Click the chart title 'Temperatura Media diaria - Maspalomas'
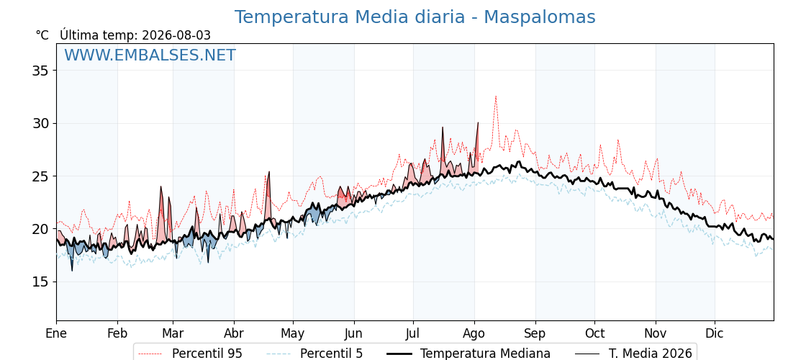click(x=415, y=17)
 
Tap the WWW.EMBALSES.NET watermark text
click(x=150, y=55)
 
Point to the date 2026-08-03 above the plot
click(x=176, y=35)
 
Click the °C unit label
click(x=42, y=35)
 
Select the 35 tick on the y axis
click(x=40, y=71)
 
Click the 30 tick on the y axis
click(x=40, y=123)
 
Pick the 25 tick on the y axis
click(x=40, y=176)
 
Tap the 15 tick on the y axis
click(x=40, y=282)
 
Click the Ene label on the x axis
click(x=56, y=333)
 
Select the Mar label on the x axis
click(x=173, y=333)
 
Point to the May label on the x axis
click(x=293, y=333)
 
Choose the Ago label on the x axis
click(x=474, y=333)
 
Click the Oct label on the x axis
click(x=594, y=333)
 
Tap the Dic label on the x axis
click(x=715, y=333)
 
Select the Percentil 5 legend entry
click(x=315, y=354)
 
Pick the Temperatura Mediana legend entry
click(x=467, y=354)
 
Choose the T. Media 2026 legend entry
click(x=633, y=354)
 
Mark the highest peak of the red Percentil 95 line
click(x=496, y=96)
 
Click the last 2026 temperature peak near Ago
click(x=478, y=122)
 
